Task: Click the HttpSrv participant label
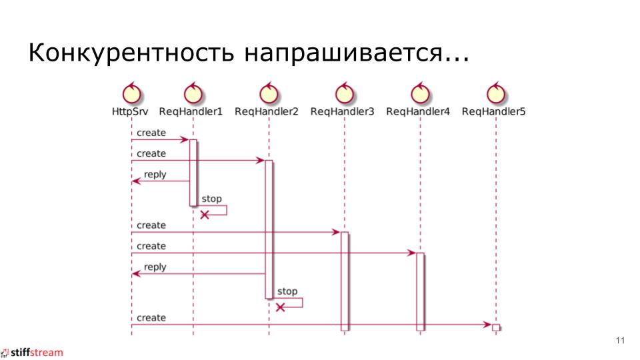pos(130,111)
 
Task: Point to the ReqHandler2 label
pos(267,111)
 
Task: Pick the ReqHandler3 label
pos(342,111)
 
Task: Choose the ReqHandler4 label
pos(418,111)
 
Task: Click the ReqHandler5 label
pos(493,111)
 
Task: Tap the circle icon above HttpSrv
pos(131,94)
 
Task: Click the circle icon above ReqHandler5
pos(495,94)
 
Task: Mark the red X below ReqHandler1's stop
pos(205,215)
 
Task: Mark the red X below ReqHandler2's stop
pos(281,307)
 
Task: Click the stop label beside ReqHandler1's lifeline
pos(211,199)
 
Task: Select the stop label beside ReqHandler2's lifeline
pos(287,291)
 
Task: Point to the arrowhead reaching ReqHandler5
pos(488,325)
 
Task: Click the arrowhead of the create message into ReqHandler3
pos(337,232)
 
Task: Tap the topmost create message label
pos(151,133)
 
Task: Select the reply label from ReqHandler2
pos(155,267)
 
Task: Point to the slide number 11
pos(620,341)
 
